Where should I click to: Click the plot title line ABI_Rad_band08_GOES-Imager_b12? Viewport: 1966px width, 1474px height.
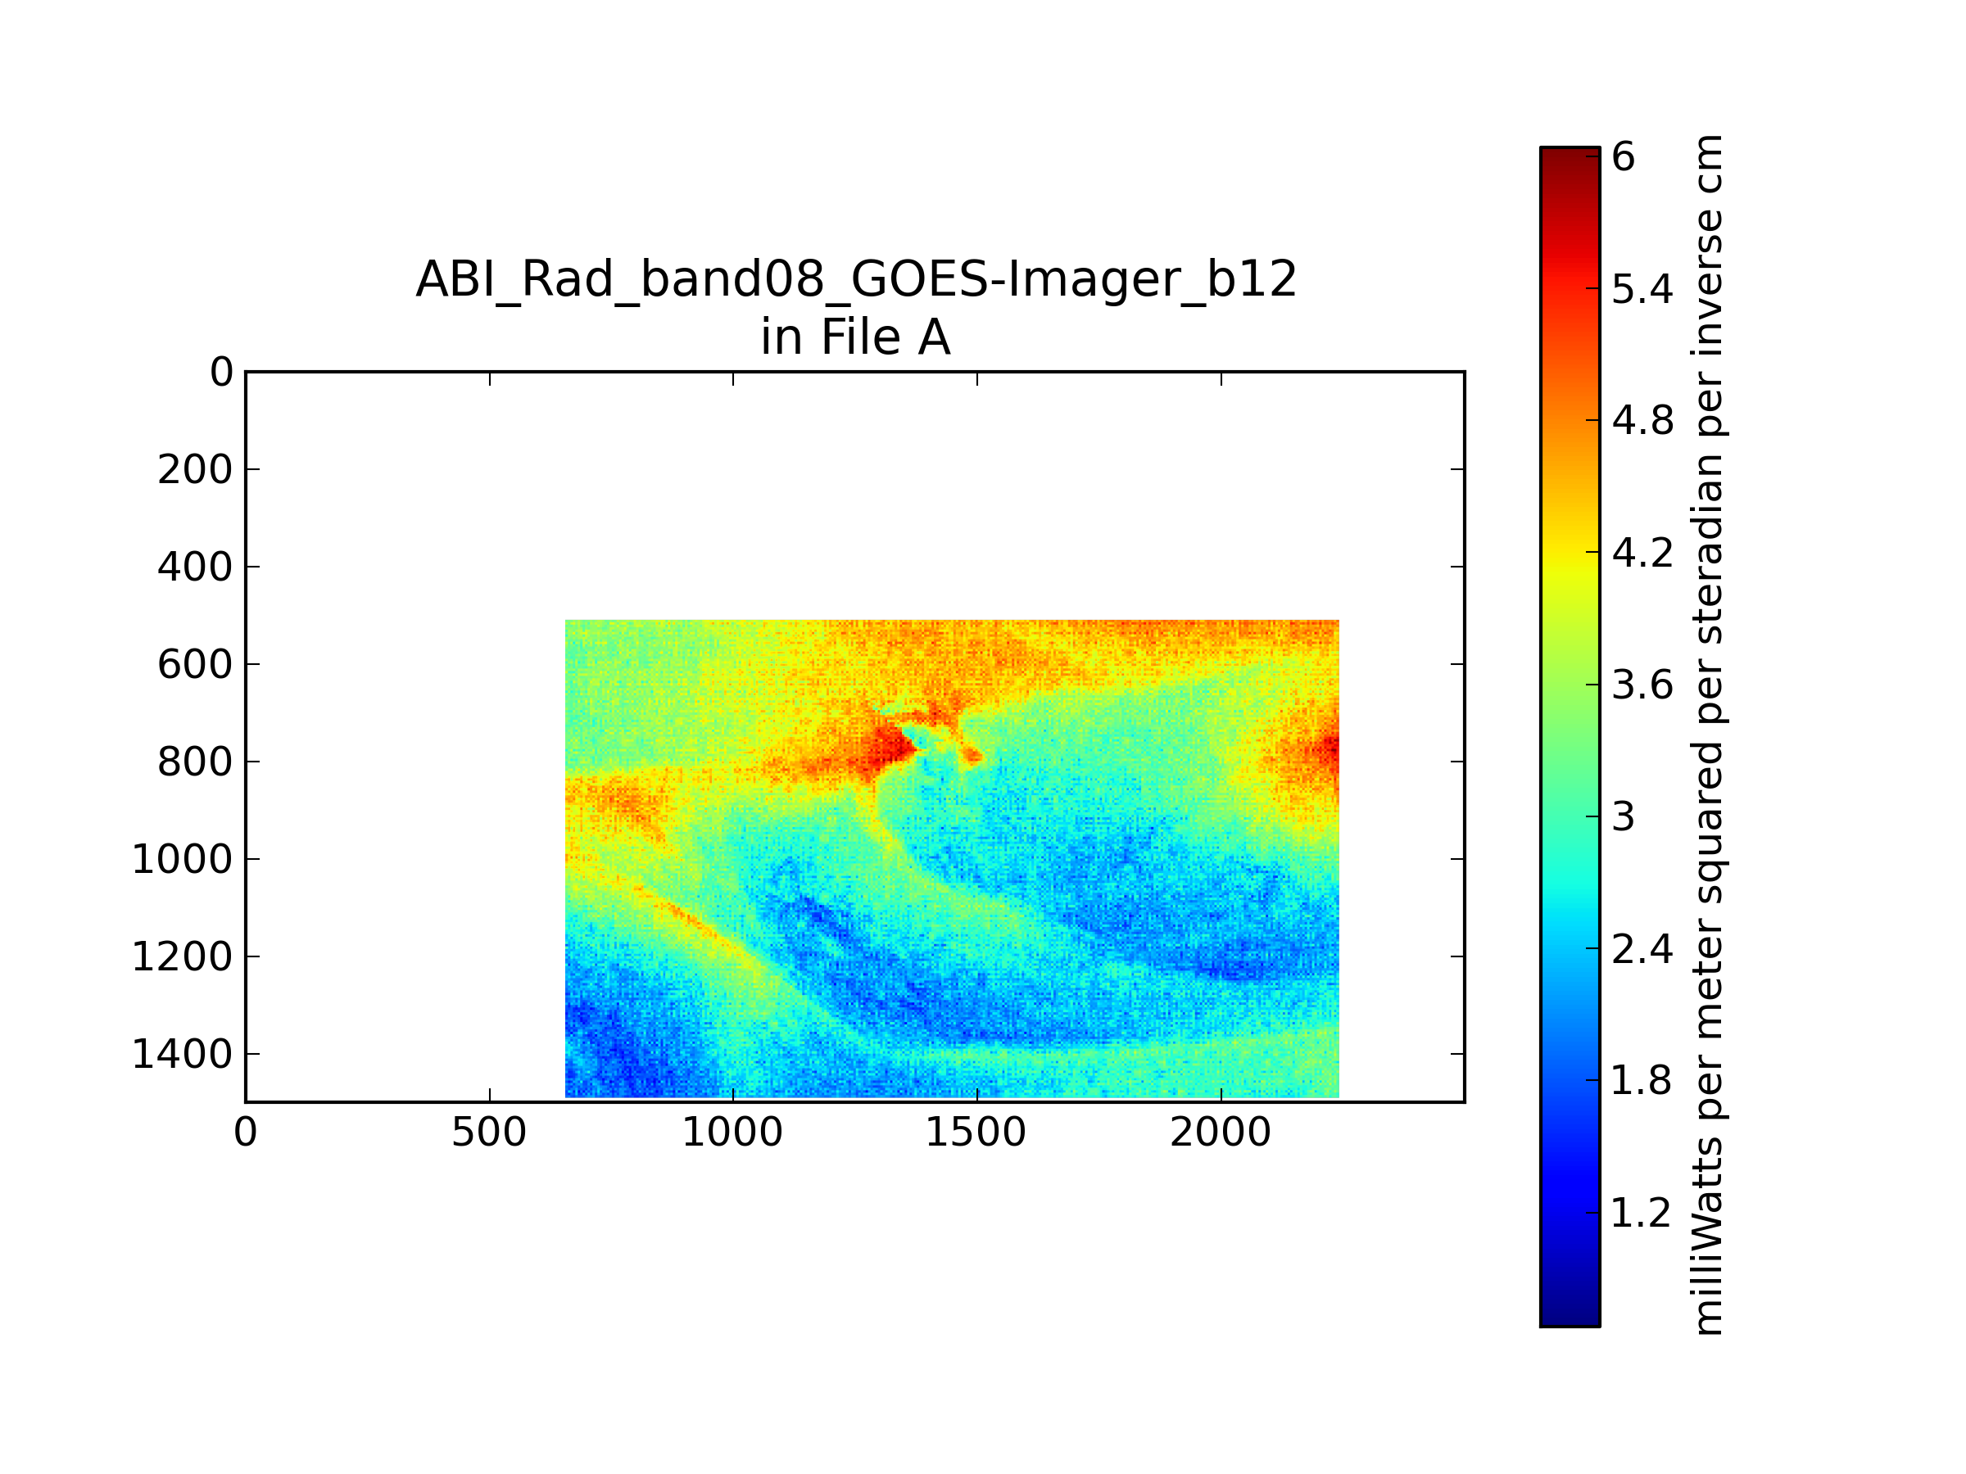click(856, 279)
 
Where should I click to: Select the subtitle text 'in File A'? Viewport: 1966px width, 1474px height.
click(856, 337)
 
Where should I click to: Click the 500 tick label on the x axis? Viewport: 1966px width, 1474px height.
click(489, 1133)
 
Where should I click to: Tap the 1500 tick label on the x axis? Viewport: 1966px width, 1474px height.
click(976, 1133)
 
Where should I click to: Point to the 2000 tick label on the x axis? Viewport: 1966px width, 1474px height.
click(1221, 1133)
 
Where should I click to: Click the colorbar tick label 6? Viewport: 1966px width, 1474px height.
click(1623, 157)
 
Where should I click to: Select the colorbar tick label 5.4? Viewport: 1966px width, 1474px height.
click(1642, 290)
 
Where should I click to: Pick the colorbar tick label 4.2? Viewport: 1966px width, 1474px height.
click(1642, 554)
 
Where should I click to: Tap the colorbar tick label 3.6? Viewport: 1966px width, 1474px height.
click(1642, 686)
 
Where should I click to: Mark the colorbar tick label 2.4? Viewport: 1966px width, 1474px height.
click(1642, 950)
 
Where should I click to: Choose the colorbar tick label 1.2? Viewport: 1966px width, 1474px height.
click(1642, 1214)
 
